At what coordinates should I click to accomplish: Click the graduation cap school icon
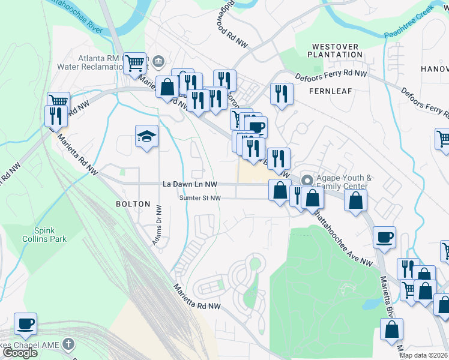point(146,137)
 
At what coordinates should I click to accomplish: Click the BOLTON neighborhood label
point(133,204)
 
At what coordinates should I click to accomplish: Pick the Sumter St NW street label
point(199,198)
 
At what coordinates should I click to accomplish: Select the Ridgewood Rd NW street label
point(226,25)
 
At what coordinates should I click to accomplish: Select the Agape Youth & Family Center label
point(345,182)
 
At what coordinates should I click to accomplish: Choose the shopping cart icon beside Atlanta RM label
point(136,62)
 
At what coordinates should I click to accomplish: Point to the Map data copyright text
point(424,355)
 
